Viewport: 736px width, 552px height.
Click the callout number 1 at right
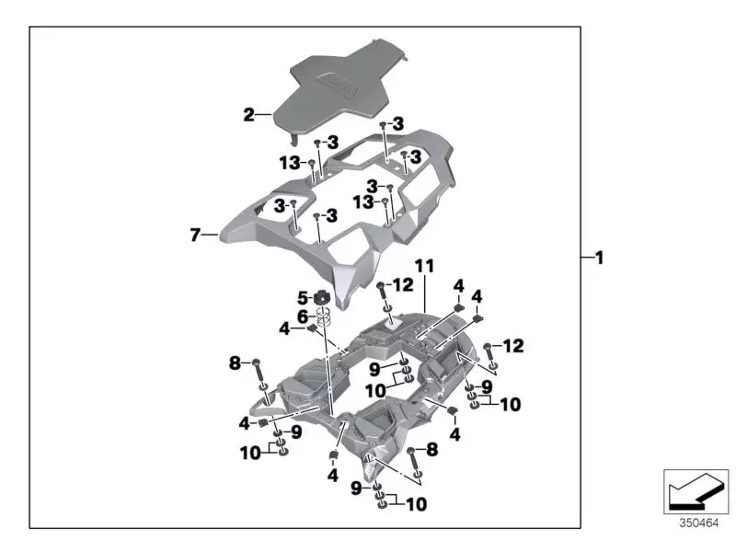coord(599,259)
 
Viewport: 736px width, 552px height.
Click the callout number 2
coord(248,115)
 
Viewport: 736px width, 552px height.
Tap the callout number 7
coord(195,236)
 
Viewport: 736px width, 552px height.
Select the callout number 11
coord(423,266)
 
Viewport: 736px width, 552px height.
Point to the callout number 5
coord(302,298)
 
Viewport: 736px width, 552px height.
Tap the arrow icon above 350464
coord(696,490)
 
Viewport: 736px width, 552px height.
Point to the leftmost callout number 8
coord(236,364)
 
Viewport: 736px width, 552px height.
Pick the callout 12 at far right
coord(513,346)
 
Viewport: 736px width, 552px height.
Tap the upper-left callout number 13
coord(289,163)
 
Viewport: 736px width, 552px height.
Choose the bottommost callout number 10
coord(417,504)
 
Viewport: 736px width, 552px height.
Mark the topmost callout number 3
coord(397,123)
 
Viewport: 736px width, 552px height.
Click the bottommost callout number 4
coord(332,476)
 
